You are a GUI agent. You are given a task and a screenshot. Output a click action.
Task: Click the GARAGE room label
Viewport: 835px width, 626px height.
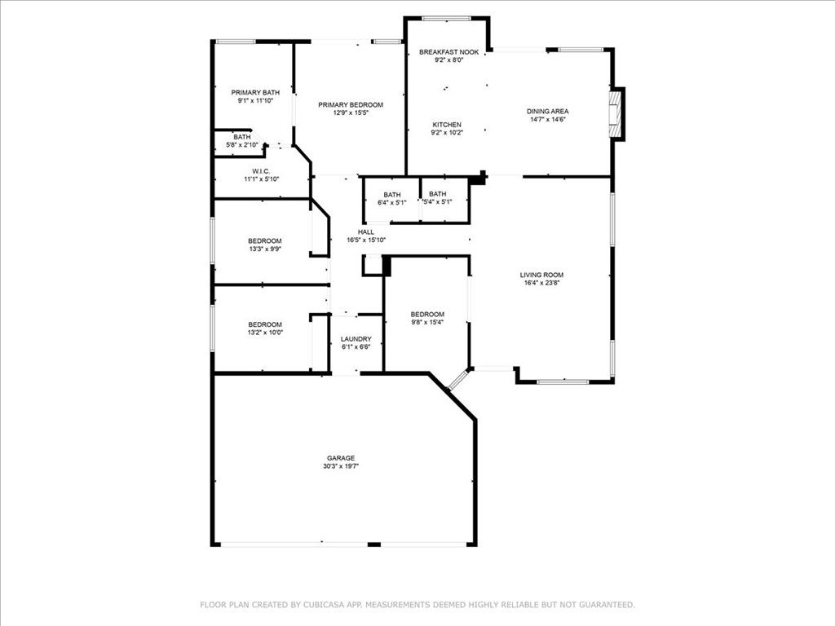(x=341, y=458)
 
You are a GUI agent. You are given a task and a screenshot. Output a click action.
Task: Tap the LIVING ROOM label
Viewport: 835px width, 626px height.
(x=541, y=276)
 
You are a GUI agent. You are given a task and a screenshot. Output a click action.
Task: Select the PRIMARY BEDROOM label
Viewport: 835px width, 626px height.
(x=351, y=105)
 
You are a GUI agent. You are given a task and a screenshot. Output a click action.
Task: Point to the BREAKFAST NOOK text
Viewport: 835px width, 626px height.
(x=449, y=52)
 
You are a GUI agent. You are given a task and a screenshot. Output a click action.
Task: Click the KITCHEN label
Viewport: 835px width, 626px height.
(x=447, y=125)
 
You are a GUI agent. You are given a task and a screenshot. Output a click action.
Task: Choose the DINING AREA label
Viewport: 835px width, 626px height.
(x=547, y=111)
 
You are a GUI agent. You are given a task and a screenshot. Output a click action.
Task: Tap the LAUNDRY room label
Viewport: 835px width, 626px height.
(x=356, y=339)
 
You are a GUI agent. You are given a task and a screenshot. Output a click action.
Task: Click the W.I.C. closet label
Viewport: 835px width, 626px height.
(x=261, y=171)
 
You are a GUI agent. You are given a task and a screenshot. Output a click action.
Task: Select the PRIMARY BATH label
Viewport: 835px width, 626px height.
(x=255, y=93)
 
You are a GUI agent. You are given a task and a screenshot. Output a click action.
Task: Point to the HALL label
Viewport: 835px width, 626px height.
(x=366, y=232)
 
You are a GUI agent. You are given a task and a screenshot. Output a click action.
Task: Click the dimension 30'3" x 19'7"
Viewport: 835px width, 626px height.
(x=341, y=466)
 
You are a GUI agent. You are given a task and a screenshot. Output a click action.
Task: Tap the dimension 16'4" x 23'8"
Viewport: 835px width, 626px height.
(x=541, y=283)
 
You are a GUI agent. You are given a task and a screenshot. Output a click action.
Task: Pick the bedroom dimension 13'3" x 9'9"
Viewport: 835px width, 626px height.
(x=265, y=249)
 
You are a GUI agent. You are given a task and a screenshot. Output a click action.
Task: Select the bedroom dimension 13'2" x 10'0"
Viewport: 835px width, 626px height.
(x=265, y=333)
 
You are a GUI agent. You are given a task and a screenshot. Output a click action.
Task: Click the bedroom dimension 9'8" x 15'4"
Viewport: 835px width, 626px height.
(x=427, y=322)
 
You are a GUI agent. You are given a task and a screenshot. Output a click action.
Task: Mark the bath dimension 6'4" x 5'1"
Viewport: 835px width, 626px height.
(x=392, y=203)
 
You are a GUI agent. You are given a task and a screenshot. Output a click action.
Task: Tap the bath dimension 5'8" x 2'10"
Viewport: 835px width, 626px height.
(x=241, y=145)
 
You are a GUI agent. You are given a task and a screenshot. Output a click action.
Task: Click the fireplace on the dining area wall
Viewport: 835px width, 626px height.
(x=616, y=114)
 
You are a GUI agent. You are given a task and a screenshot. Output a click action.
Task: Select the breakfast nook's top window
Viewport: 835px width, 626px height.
(x=446, y=19)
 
